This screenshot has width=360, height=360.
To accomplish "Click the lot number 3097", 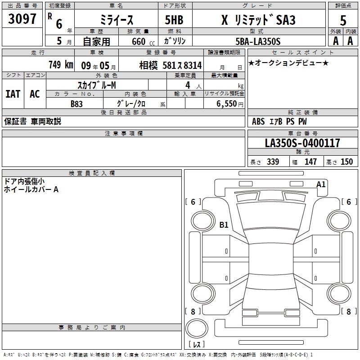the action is click(x=22, y=19).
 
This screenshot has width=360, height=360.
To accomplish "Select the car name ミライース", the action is click(x=115, y=20).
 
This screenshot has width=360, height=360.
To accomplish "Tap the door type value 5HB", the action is click(x=174, y=20).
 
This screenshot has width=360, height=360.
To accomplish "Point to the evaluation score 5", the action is click(x=343, y=20).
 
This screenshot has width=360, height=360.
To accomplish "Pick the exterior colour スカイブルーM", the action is click(x=97, y=85).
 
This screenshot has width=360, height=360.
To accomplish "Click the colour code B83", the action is click(x=77, y=103).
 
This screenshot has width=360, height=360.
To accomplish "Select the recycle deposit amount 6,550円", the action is click(x=230, y=103).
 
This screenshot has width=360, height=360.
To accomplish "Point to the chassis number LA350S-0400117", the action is click(x=302, y=143).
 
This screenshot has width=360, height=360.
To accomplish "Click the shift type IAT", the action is click(x=13, y=94).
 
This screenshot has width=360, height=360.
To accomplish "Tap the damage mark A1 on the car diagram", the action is click(x=321, y=184).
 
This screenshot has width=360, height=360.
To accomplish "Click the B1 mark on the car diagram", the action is click(x=224, y=225).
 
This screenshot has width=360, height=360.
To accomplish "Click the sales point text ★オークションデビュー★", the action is click(x=288, y=63).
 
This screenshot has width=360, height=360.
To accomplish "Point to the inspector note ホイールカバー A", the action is click(x=31, y=190).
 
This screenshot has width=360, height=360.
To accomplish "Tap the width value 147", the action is click(x=310, y=162).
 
